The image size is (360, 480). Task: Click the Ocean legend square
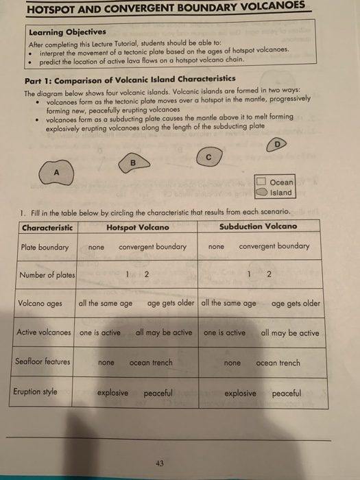pos(261,182)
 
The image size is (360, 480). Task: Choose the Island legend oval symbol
pos(261,193)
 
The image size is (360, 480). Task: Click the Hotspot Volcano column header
pos(138,226)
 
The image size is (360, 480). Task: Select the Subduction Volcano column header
pos(259,226)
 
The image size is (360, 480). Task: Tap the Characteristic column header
pos(48,227)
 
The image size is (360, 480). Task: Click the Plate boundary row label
pos(45,247)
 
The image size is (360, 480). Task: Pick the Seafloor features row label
pos(43,361)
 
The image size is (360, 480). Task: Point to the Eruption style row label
pos(36,392)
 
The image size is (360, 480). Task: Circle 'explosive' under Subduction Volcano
pos(240,394)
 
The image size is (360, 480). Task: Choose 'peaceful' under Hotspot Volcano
pos(158,394)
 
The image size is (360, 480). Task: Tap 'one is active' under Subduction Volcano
pos(224,333)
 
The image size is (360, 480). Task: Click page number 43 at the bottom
pos(160,463)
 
